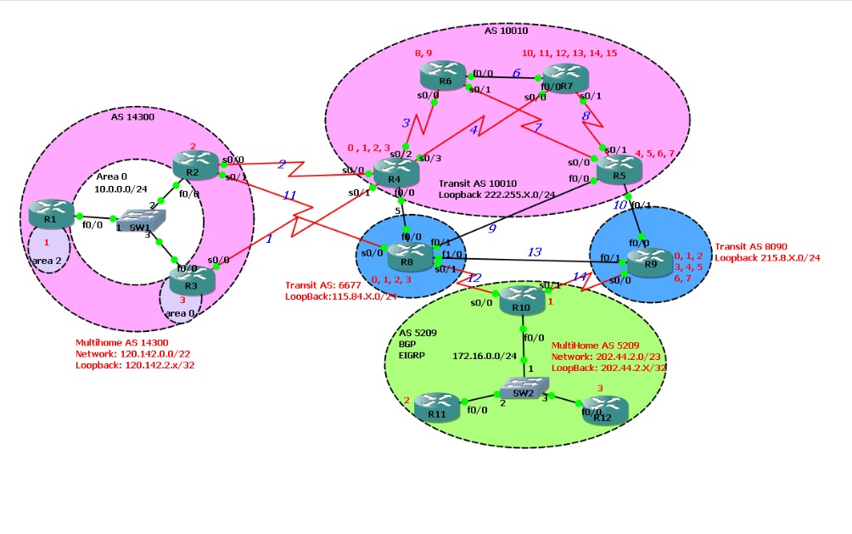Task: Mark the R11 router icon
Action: click(438, 407)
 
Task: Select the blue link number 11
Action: click(289, 195)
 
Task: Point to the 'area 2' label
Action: click(48, 260)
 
